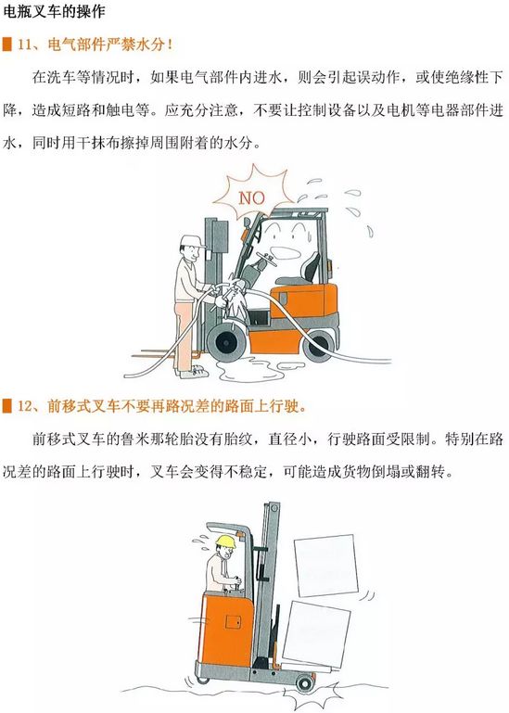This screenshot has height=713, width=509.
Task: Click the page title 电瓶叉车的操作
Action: tap(55, 11)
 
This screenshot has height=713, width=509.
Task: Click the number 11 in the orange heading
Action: tap(24, 45)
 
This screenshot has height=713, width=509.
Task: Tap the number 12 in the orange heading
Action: tap(24, 406)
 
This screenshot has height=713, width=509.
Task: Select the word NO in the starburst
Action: tap(251, 197)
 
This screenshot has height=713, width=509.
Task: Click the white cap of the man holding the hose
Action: tap(193, 241)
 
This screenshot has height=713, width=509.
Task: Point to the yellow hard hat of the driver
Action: tap(225, 541)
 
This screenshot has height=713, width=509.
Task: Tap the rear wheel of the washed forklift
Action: tap(319, 347)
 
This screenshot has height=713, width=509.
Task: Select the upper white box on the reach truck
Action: tap(325, 565)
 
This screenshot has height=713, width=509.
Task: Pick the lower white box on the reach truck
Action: tap(316, 632)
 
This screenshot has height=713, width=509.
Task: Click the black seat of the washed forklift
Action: tap(309, 269)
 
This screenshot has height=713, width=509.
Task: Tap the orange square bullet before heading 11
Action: tap(7, 45)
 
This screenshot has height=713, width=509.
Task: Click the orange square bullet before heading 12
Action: tap(7, 406)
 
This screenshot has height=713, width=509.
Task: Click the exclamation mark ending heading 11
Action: tap(170, 45)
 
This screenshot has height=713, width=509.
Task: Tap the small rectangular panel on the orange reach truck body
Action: tap(234, 621)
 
